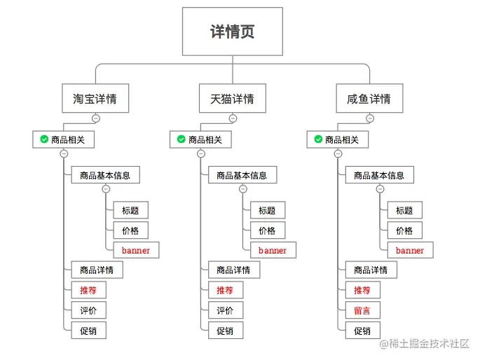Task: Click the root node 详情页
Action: (x=233, y=32)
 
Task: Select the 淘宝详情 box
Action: (x=95, y=99)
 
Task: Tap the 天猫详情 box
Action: (x=233, y=99)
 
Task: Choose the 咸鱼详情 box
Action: (x=369, y=99)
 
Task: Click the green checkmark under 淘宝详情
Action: (x=44, y=140)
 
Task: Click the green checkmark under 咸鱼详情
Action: (x=318, y=140)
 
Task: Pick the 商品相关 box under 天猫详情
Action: (x=200, y=140)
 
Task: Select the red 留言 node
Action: (x=362, y=310)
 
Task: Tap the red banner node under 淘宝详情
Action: (x=135, y=250)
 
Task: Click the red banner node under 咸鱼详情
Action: (x=409, y=250)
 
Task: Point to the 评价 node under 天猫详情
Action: (x=225, y=310)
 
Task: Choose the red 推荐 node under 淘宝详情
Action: (x=88, y=290)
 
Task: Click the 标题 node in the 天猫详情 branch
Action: (x=267, y=210)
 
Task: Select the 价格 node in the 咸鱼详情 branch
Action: (x=404, y=230)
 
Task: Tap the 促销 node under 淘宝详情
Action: (x=88, y=331)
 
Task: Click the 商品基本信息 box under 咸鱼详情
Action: (x=379, y=175)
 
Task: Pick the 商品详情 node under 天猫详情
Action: (x=233, y=270)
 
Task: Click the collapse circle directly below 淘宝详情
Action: (x=95, y=118)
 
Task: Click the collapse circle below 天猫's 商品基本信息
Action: (x=243, y=189)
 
